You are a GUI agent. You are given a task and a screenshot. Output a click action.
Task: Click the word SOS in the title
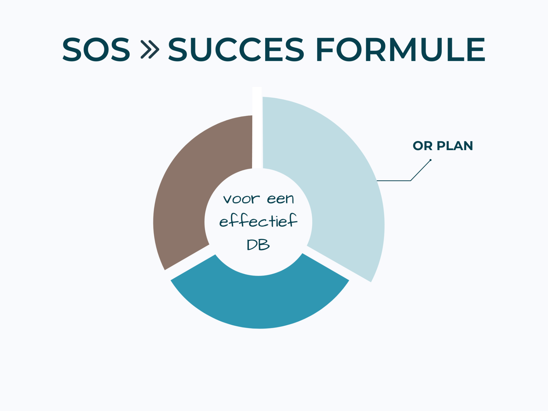(x=96, y=50)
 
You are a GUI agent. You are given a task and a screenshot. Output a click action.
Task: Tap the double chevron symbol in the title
(x=150, y=50)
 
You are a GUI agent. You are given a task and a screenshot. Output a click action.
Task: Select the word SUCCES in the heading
(x=236, y=50)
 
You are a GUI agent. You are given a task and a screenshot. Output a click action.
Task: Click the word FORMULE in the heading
(x=400, y=50)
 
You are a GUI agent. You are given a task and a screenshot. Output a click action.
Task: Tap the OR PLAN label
(x=443, y=146)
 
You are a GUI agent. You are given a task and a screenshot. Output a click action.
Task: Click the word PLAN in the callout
(x=455, y=146)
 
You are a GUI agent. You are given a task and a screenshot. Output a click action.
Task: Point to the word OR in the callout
(x=423, y=146)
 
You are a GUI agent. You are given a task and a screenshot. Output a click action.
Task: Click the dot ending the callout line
(x=430, y=160)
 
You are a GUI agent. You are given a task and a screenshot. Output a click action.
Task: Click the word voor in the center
(x=241, y=199)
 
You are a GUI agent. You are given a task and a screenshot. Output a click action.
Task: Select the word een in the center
(x=280, y=199)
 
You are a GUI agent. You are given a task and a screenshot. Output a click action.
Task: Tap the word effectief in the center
(x=258, y=221)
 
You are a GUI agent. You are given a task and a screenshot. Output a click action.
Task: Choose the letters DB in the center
(x=258, y=245)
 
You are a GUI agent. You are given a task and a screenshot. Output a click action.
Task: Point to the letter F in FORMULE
(x=325, y=50)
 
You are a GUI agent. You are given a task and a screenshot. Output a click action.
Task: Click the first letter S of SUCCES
(x=178, y=50)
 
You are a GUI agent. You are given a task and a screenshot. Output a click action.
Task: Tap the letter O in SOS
(x=96, y=50)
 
